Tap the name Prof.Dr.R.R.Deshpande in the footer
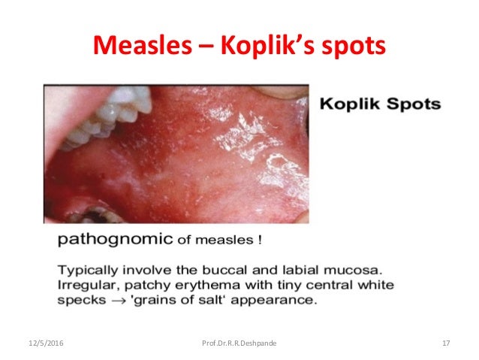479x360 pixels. coord(239,343)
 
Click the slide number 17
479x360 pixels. coord(446,343)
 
